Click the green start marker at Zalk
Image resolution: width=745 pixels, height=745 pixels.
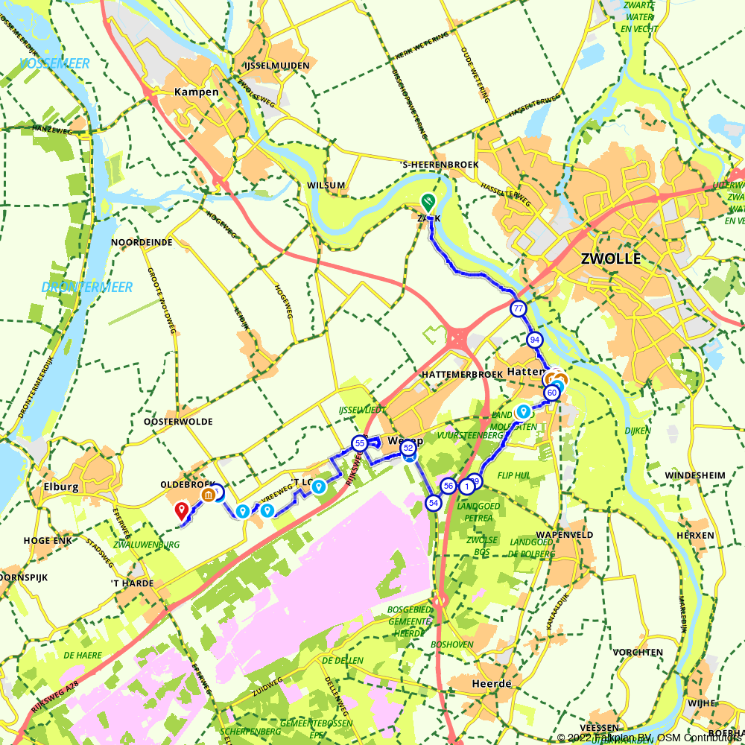click(x=428, y=201)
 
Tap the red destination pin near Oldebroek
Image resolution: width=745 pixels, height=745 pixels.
click(x=181, y=510)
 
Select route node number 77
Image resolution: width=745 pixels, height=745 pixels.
click(x=518, y=308)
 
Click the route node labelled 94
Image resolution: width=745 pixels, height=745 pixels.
click(x=534, y=340)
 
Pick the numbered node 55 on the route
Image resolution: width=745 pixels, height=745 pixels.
click(x=359, y=443)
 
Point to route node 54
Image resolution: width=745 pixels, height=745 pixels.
click(x=433, y=503)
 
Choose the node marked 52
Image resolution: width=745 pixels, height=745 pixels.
click(x=408, y=448)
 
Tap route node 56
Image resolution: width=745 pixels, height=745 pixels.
click(x=448, y=486)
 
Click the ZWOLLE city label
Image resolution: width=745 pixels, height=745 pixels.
click(x=610, y=259)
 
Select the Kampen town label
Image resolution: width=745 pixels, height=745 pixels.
click(x=197, y=92)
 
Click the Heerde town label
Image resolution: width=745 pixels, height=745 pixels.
click(x=492, y=683)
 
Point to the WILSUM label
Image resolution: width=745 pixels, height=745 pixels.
click(x=326, y=186)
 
